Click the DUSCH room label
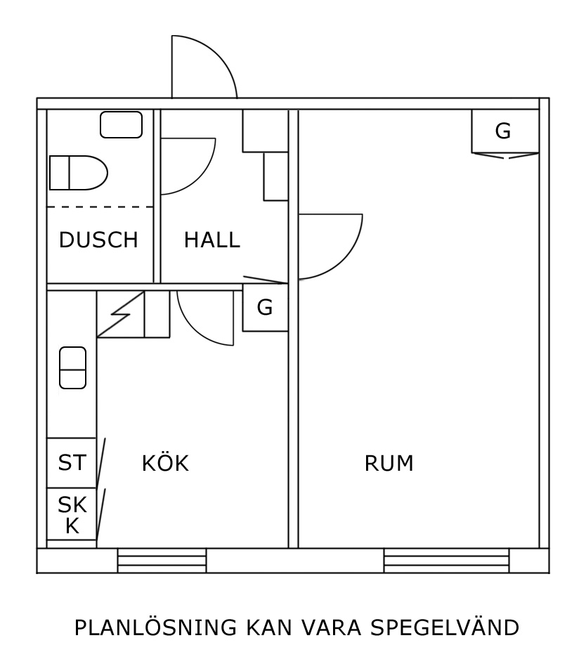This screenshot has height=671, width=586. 98,240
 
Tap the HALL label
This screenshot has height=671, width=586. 211,240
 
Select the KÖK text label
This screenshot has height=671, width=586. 165,464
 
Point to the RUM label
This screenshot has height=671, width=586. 389,464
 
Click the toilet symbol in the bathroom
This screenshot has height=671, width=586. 77,173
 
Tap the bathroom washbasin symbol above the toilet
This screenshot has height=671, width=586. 121,125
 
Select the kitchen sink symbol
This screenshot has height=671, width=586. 72,367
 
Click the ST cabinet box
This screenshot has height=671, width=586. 72,463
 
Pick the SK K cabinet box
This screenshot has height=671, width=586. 72,514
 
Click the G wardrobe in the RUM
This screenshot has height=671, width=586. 504,131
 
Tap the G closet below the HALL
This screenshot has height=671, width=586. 265,308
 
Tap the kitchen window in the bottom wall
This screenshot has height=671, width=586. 162,561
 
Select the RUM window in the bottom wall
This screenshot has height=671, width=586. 446,561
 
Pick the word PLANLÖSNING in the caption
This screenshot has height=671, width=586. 155,627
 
